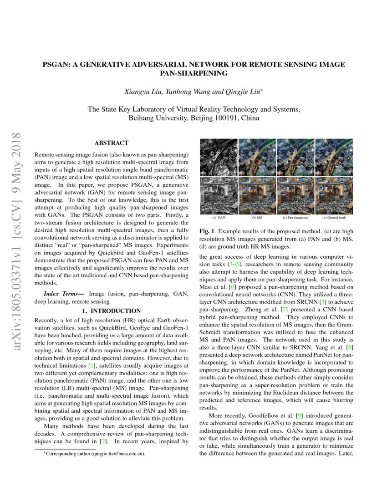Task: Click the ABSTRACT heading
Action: [112, 143]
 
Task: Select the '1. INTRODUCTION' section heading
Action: [112, 311]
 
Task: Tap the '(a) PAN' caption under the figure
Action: [219, 218]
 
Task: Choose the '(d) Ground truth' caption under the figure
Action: [334, 218]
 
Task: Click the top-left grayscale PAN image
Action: [219, 157]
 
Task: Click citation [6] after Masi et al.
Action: [233, 287]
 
